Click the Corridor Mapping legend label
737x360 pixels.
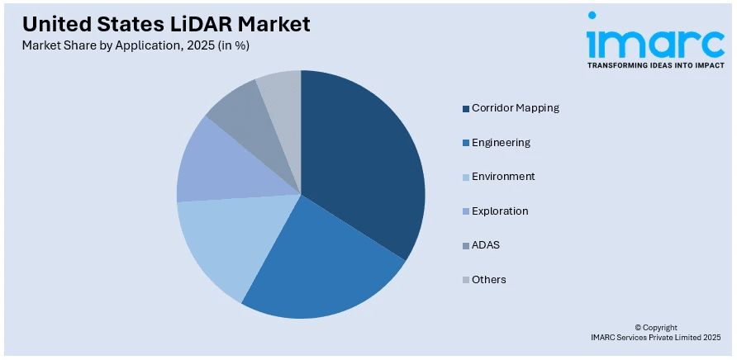tap(515, 108)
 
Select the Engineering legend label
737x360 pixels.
tap(501, 142)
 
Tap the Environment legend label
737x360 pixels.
tap(503, 177)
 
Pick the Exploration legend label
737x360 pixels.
tap(500, 211)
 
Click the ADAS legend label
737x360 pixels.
tap(486, 245)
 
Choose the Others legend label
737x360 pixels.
tap(488, 280)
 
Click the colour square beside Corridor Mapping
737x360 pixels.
tap(466, 108)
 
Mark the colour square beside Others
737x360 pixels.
tap(466, 280)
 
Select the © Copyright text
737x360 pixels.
tap(656, 328)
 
